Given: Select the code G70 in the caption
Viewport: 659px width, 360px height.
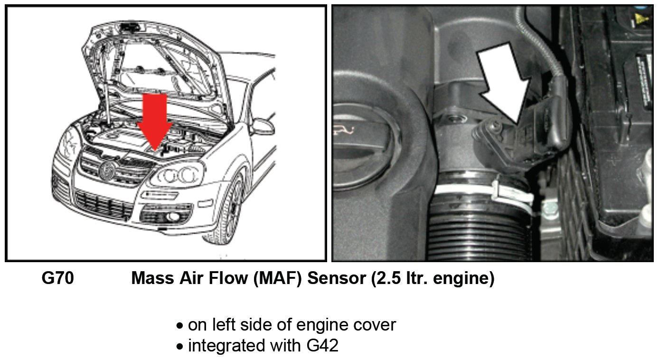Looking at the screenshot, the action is [x=57, y=279].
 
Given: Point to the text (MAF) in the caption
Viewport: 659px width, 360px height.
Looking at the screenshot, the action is [x=278, y=279].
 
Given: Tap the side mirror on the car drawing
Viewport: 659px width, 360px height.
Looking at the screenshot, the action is [x=263, y=126].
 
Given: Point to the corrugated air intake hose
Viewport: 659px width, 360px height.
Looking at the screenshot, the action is [x=480, y=233].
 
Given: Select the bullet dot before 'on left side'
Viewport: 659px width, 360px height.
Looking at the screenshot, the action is [x=179, y=326].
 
